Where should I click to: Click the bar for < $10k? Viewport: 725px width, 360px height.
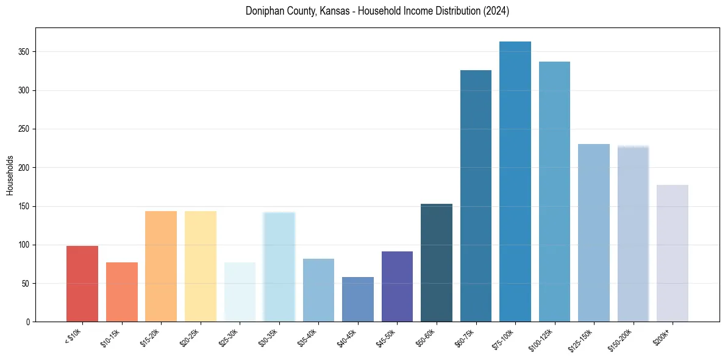pos(82,284)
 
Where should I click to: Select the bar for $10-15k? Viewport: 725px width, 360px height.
pos(122,292)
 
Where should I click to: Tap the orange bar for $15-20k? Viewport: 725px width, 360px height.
pos(161,266)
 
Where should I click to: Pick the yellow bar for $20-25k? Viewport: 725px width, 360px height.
pos(201,266)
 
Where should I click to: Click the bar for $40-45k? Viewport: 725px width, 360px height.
pos(358,299)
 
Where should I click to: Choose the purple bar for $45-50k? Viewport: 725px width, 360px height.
pos(397,286)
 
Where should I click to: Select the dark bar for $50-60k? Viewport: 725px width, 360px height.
pos(437,262)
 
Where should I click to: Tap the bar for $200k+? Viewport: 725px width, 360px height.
pos(673,253)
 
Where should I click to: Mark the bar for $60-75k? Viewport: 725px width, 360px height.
pos(476,196)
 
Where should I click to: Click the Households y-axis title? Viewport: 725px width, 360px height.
pos(10,175)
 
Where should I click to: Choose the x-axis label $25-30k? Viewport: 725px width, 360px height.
pos(235,337)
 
